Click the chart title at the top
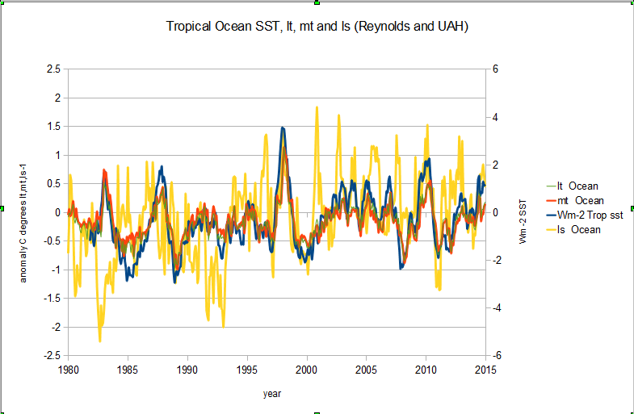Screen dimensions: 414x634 click(317, 27)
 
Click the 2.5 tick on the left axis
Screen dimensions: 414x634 click(53, 69)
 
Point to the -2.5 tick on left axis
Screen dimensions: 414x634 click(51, 356)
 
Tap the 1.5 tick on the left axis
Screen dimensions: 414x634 click(53, 127)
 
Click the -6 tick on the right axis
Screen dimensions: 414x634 click(497, 356)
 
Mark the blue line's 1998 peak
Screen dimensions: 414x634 click(282, 128)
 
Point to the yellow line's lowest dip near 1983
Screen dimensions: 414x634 click(100, 341)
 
